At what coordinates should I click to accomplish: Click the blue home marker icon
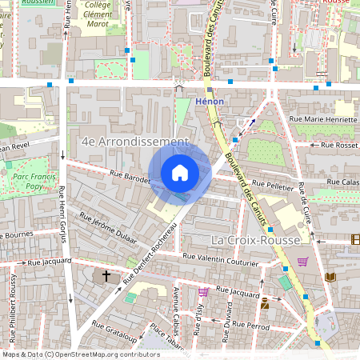[x=180, y=172]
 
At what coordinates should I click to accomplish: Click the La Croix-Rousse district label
[x=254, y=240]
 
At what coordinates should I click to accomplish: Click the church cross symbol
[x=106, y=276]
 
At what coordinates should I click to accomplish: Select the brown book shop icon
[x=330, y=277]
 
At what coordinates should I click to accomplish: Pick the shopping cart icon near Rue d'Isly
[x=203, y=292]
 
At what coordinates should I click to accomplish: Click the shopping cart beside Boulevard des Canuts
[x=302, y=261]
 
